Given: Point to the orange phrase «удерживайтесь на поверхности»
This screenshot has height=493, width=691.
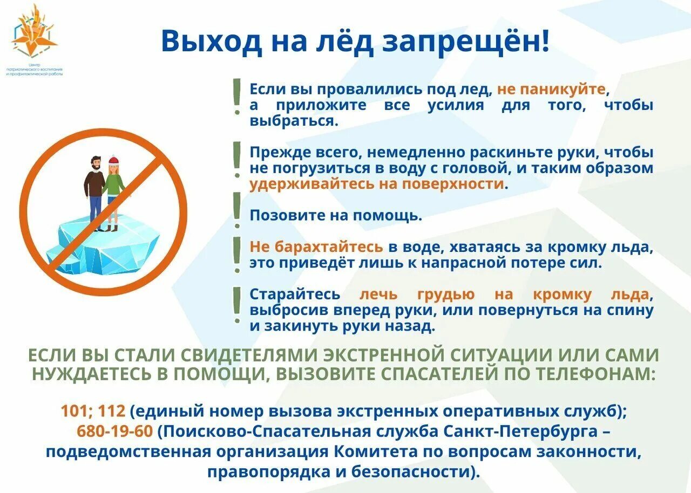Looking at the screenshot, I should pyautogui.click(x=377, y=184).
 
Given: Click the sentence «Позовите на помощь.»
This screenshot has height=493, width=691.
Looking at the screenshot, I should pyautogui.click(x=336, y=216).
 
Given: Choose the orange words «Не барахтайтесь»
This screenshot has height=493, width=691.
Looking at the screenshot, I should pyautogui.click(x=316, y=248).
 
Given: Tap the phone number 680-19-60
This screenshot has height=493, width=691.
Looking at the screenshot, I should pyautogui.click(x=116, y=431).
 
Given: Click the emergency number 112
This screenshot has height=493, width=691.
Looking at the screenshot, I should pyautogui.click(x=112, y=411).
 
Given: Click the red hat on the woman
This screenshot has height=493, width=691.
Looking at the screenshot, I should pyautogui.click(x=113, y=160).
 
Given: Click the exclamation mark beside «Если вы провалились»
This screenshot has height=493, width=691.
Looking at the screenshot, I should pyautogui.click(x=236, y=97).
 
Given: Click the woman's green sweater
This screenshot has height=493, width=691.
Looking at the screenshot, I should pyautogui.click(x=114, y=185).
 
